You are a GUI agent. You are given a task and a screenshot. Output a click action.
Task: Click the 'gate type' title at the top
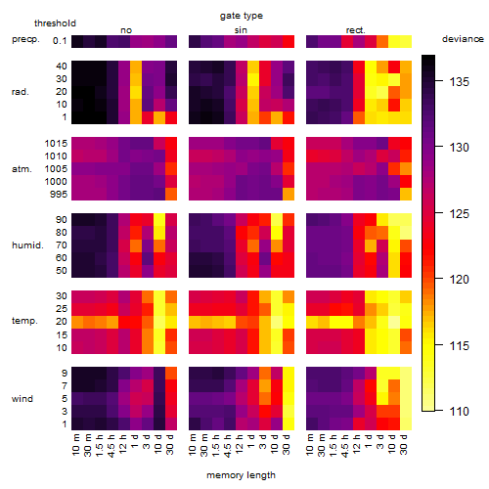click(x=242, y=16)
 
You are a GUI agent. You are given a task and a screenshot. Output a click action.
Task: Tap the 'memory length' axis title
click(x=241, y=475)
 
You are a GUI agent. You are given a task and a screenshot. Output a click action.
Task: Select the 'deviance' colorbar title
click(x=463, y=39)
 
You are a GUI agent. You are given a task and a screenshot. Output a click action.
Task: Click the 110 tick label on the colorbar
click(x=460, y=411)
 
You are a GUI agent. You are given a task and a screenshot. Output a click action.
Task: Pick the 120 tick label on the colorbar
click(x=460, y=280)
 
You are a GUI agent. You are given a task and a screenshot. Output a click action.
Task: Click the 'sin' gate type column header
click(x=241, y=30)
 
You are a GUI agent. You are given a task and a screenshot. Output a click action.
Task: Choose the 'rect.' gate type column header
click(x=356, y=30)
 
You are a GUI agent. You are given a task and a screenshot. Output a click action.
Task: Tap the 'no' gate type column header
click(x=126, y=30)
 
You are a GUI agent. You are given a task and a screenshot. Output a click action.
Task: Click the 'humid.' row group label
click(x=27, y=245)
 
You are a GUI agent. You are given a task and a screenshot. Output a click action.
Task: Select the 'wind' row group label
click(x=22, y=399)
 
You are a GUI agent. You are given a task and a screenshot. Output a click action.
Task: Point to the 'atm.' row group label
click(x=22, y=169)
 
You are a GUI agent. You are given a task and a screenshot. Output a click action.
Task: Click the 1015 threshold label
click(x=56, y=144)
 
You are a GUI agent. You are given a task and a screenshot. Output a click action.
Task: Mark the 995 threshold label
click(x=59, y=195)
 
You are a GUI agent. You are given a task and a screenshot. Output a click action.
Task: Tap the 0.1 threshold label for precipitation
click(x=60, y=41)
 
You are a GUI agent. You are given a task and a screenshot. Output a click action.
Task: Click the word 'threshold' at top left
click(x=55, y=23)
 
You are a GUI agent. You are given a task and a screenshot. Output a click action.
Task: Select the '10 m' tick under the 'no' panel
click(x=75, y=445)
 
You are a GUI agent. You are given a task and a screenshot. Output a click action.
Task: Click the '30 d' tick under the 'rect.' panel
click(x=404, y=445)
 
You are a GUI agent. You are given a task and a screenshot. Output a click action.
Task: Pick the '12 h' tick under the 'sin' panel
click(x=240, y=445)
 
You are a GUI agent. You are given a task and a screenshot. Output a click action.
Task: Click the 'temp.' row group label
click(x=24, y=321)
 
